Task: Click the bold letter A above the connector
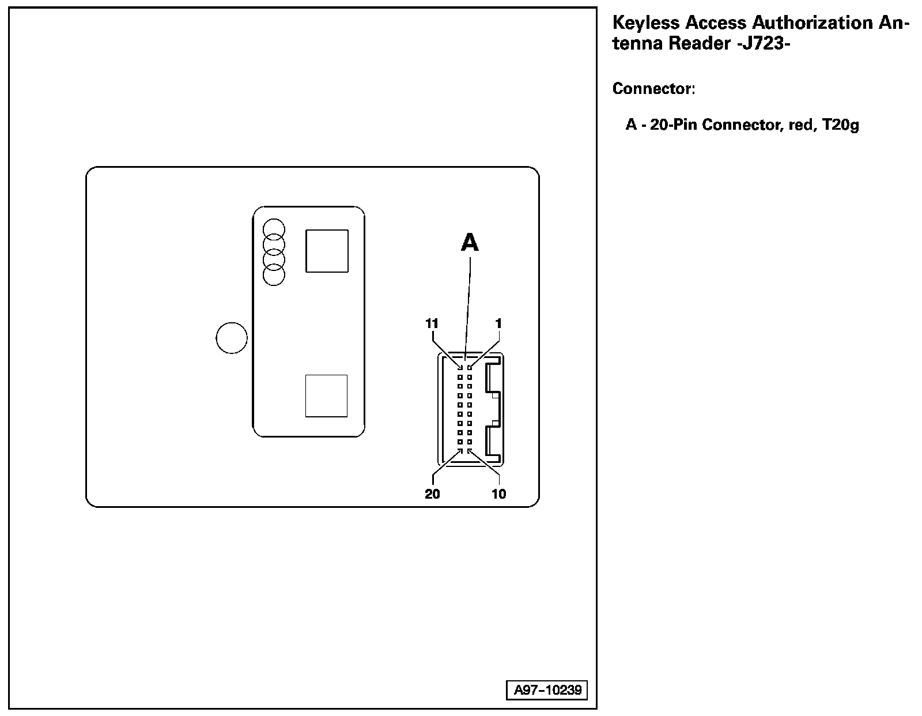(470, 243)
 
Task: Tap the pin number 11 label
(432, 323)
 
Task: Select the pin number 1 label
(498, 323)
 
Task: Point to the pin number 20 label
(432, 494)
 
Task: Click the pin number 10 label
(498, 494)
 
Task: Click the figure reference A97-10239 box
(547, 690)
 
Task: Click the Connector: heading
(653, 89)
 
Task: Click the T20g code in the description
(841, 125)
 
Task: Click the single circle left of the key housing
(232, 338)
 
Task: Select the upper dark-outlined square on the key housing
(327, 251)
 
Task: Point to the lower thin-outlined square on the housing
(326, 395)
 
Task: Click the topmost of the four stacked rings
(274, 229)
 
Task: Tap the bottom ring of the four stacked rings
(274, 275)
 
